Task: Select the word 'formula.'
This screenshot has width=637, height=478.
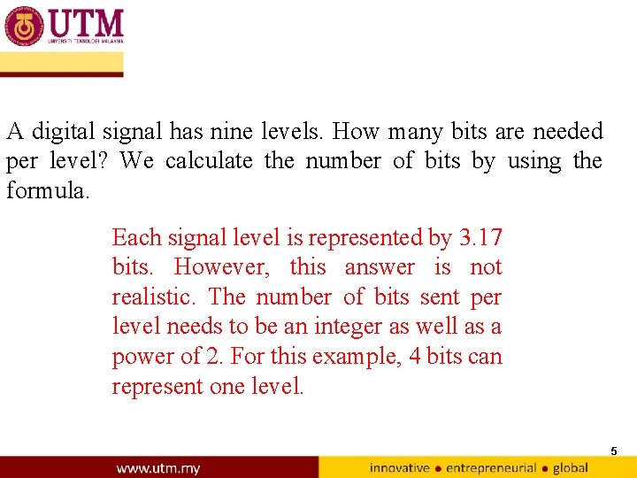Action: (x=48, y=190)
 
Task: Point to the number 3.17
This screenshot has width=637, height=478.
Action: (x=480, y=237)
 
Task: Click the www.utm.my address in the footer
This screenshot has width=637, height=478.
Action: (x=157, y=467)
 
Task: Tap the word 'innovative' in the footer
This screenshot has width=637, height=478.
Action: (x=399, y=467)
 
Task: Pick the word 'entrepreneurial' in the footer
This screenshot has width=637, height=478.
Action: (x=491, y=467)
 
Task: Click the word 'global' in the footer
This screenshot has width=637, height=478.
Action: (x=571, y=467)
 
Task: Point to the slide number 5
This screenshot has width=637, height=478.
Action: (x=613, y=451)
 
